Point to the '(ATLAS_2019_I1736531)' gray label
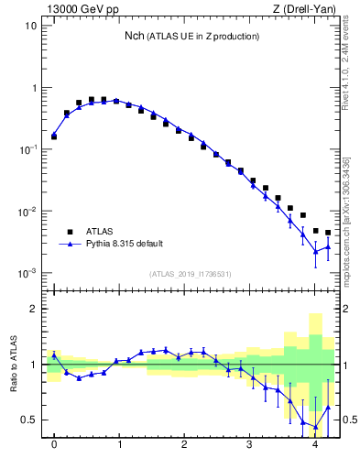[x=191, y=274]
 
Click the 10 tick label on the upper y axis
[x=30, y=26]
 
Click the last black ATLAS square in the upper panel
[x=328, y=233]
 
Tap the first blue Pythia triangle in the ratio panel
[x=54, y=355]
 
